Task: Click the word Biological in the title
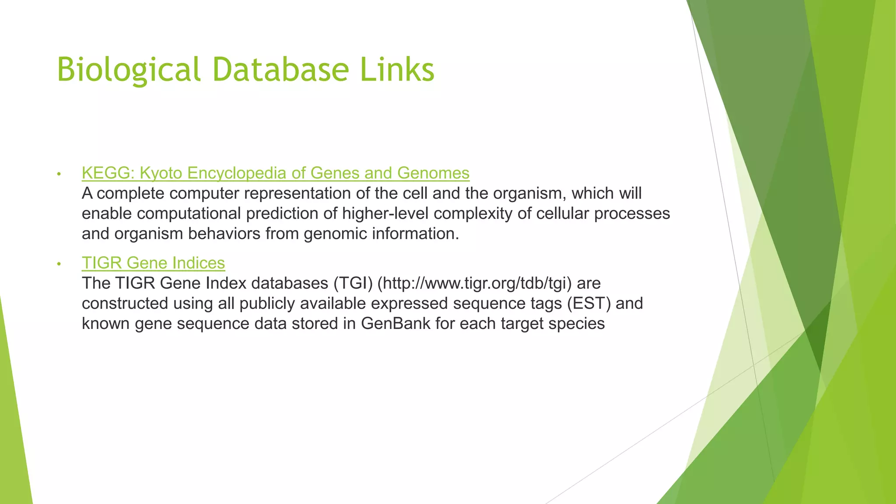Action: click(129, 70)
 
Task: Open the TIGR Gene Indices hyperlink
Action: click(153, 263)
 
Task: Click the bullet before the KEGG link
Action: click(59, 174)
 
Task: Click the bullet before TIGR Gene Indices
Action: click(59, 264)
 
